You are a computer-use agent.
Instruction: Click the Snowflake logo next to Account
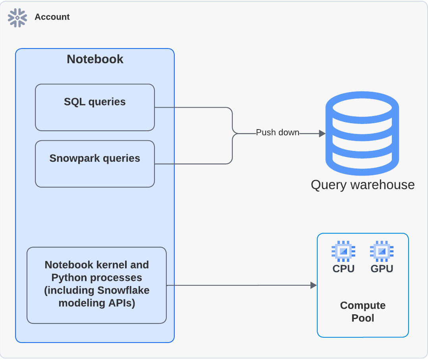click(17, 17)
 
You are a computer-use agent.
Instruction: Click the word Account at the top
click(52, 17)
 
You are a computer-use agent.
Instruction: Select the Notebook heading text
click(95, 59)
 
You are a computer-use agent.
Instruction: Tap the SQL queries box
click(94, 107)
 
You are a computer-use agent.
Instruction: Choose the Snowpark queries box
click(94, 164)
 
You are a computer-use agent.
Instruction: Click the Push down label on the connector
click(278, 133)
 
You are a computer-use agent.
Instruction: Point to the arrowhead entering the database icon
click(322, 134)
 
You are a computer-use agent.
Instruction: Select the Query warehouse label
click(362, 185)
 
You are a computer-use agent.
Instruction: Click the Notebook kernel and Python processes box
click(96, 285)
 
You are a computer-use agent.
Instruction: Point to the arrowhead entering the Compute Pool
click(314, 285)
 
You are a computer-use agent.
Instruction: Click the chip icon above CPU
click(343, 251)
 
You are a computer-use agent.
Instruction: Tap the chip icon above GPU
click(382, 251)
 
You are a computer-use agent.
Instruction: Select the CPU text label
click(343, 269)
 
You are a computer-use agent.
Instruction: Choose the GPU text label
click(382, 269)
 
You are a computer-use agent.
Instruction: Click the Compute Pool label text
click(362, 312)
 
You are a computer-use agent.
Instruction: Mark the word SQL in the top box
click(75, 102)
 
